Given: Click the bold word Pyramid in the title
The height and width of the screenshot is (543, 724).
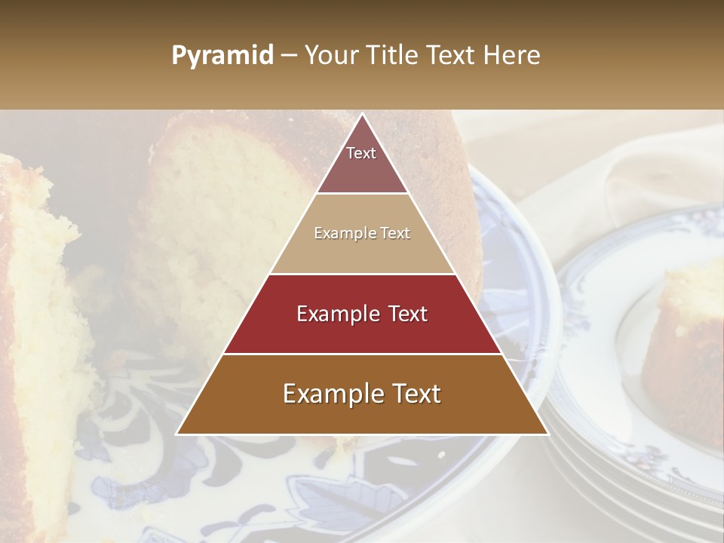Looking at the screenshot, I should [222, 56].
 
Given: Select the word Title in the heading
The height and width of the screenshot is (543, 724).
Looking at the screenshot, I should [394, 56].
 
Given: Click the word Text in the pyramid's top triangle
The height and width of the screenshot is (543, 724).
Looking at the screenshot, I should [361, 153].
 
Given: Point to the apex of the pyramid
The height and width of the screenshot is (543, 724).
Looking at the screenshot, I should [362, 115].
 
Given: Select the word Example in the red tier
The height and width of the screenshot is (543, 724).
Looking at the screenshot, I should [333, 314].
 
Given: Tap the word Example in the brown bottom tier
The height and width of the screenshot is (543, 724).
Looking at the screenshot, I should [327, 394].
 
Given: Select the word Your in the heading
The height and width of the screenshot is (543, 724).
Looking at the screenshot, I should [332, 56].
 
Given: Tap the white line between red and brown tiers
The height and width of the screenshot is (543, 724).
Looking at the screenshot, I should [362, 354].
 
